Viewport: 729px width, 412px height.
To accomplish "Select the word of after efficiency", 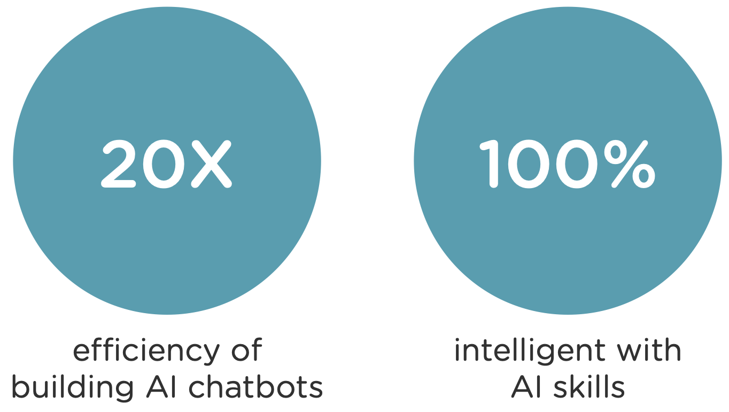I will [x=245, y=351].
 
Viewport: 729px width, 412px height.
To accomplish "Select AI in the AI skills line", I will [x=525, y=387].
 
